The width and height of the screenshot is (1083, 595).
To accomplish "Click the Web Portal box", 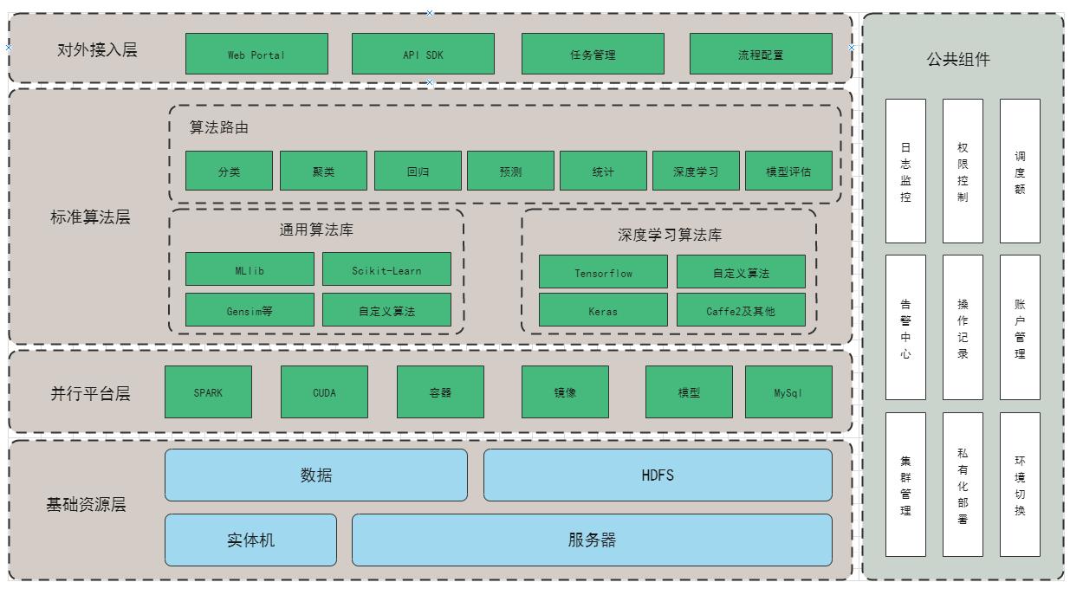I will (x=256, y=54).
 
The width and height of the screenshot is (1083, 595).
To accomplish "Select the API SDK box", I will (x=423, y=54).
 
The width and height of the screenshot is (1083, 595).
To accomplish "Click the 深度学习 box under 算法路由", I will (x=696, y=171).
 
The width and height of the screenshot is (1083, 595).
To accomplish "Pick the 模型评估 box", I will (x=788, y=171).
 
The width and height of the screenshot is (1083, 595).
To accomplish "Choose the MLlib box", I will (x=250, y=269).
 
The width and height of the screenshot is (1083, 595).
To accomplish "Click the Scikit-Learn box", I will (x=386, y=269).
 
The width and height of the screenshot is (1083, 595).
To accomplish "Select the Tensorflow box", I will (x=603, y=272).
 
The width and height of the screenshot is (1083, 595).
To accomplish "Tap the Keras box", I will (x=603, y=310).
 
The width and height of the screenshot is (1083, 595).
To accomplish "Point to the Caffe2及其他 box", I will (x=741, y=310).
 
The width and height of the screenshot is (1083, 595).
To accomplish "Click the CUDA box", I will (x=324, y=392).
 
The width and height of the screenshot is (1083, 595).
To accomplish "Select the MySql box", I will (x=788, y=392).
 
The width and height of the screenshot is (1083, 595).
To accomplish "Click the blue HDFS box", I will (x=658, y=475).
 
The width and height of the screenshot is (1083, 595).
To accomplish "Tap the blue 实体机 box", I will (x=250, y=540).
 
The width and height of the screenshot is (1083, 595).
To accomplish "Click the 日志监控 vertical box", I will (x=905, y=171).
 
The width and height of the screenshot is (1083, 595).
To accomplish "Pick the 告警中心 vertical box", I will (x=905, y=327).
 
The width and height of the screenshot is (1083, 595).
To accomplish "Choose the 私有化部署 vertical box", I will (x=963, y=484).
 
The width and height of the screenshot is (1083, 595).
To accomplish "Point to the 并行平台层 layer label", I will (x=90, y=392).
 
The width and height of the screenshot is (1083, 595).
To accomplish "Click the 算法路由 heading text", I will (x=219, y=127).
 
